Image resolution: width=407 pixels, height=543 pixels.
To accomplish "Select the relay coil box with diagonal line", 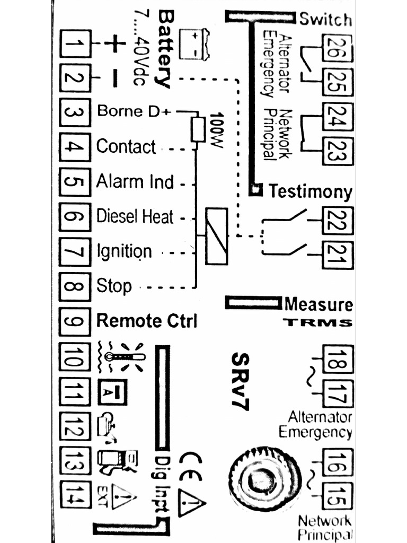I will [x=216, y=236].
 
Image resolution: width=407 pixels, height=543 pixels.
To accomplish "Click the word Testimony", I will [x=310, y=191].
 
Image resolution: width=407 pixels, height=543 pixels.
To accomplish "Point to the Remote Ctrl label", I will [x=147, y=321].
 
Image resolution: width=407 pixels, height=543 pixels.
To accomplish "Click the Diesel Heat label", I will [x=135, y=217].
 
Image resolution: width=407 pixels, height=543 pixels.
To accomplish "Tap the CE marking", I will [x=190, y=466].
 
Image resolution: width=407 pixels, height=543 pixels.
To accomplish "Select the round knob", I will [x=260, y=479].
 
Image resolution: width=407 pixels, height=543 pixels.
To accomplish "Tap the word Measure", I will [x=318, y=304].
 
